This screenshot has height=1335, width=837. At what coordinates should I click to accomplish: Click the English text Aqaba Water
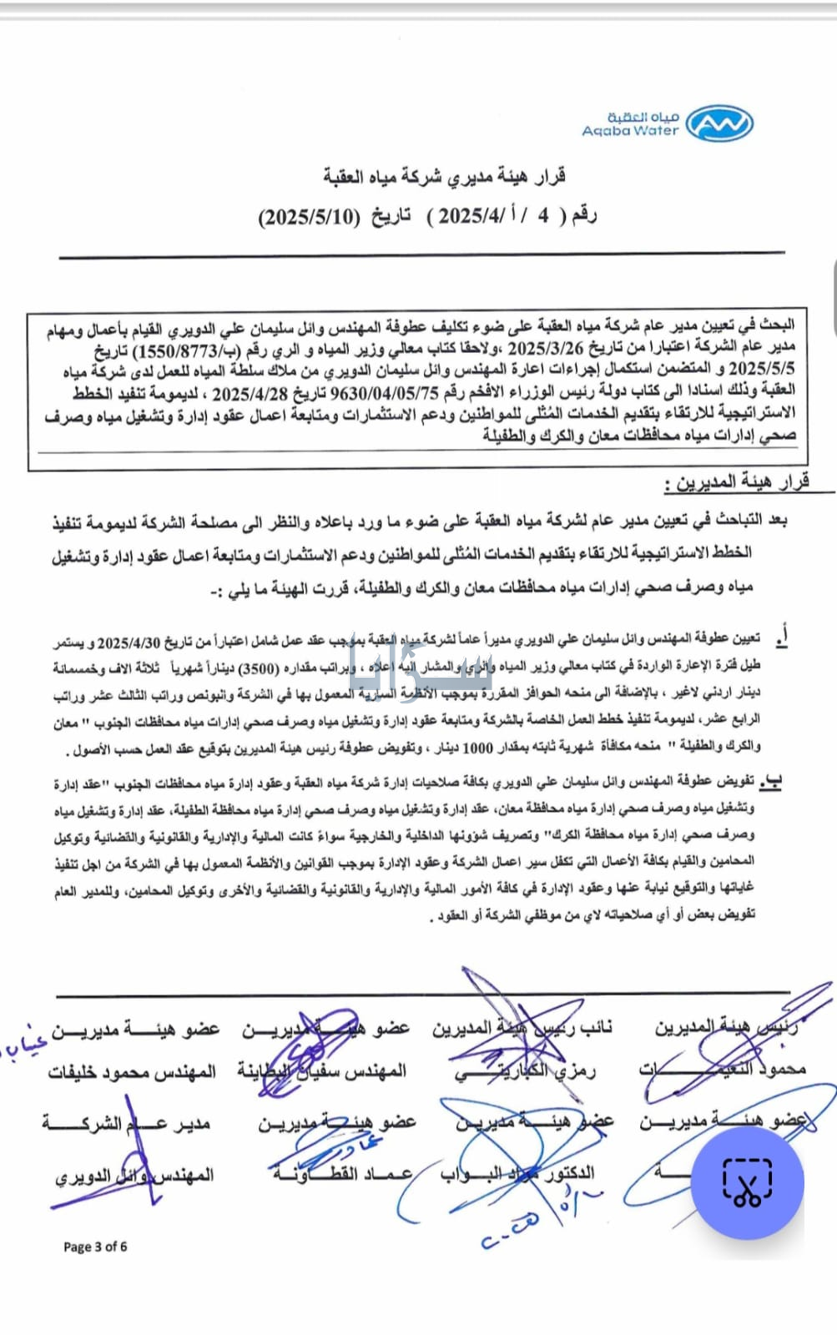pos(630,132)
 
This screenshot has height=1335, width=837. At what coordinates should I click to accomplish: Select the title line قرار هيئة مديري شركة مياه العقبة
pos(444,177)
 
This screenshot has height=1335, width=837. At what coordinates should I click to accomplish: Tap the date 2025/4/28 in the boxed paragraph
pos(250,392)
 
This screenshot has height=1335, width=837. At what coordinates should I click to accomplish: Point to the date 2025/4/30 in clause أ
pos(131,642)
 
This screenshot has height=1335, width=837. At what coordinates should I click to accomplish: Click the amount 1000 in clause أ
pos(478,748)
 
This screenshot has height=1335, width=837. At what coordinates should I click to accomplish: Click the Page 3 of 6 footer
pos(95,1247)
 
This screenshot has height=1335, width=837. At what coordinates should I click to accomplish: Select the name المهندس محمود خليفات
pos(132,1071)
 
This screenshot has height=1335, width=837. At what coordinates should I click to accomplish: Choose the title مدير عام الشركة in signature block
pos(127,1124)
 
